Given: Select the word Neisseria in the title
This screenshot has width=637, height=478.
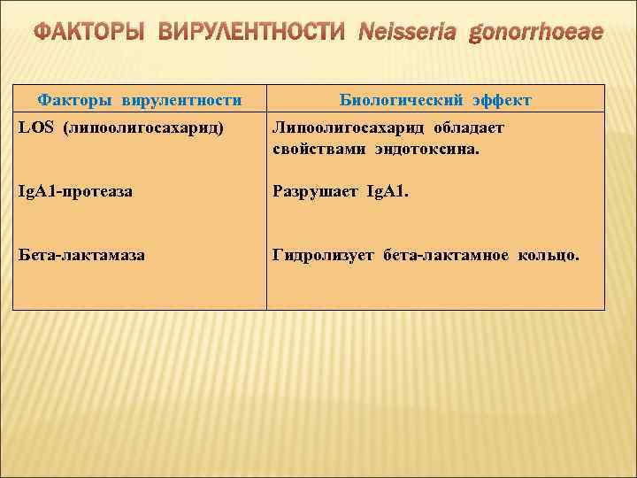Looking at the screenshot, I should (408, 34).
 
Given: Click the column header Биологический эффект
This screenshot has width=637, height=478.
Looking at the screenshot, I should (435, 100).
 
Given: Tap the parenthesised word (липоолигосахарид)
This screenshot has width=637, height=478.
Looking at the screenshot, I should (142, 127).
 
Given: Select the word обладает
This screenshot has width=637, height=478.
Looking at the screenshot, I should (468, 127).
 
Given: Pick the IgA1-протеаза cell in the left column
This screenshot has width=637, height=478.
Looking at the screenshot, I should (75, 190).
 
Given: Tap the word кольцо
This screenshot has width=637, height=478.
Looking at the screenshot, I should (549, 255).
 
